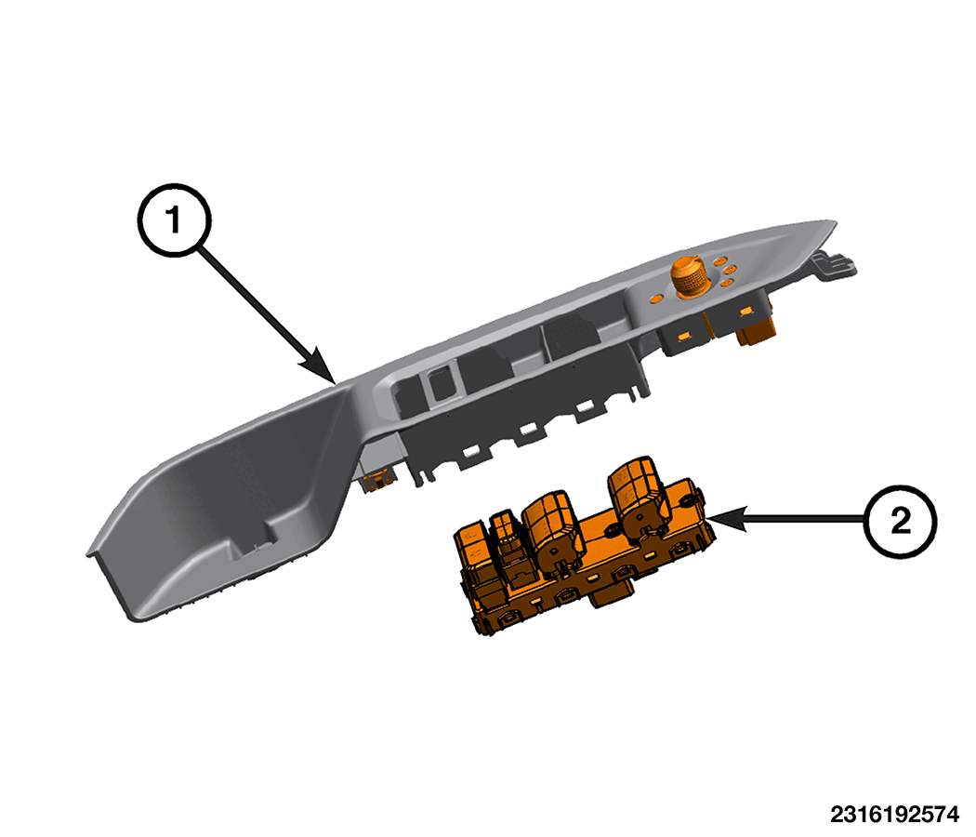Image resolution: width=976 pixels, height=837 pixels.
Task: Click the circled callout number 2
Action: pyautogui.click(x=901, y=521)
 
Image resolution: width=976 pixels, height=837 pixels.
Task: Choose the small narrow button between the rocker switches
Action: pyautogui.click(x=505, y=536)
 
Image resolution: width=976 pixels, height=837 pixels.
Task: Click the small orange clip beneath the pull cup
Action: pyautogui.click(x=377, y=480)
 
